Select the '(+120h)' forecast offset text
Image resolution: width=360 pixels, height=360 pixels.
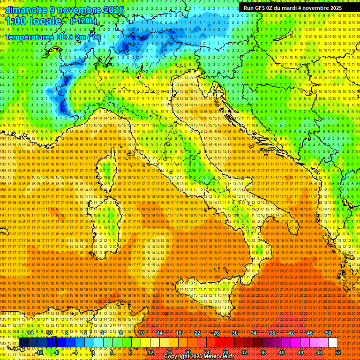click(x=83, y=21)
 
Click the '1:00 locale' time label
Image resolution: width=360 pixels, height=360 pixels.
click(x=33, y=22)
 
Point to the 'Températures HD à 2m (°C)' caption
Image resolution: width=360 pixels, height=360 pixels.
click(x=52, y=37)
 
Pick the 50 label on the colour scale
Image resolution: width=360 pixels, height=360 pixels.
click(x=329, y=333)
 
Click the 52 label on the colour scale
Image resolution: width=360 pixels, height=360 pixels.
click(x=337, y=352)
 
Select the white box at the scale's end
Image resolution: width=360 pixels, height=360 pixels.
click(x=333, y=343)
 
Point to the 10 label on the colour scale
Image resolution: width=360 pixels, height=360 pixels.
click(x=141, y=333)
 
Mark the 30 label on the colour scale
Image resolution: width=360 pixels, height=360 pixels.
click(x=235, y=333)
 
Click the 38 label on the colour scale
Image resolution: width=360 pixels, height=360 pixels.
click(x=272, y=333)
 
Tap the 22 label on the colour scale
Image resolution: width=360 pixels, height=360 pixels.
click(x=197, y=333)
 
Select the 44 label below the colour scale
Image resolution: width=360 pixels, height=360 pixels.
click(x=300, y=352)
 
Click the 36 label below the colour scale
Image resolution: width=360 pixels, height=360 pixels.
click(x=262, y=352)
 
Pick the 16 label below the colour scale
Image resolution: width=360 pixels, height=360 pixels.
click(x=169, y=352)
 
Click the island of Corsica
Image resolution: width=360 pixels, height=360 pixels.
click(x=107, y=171)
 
